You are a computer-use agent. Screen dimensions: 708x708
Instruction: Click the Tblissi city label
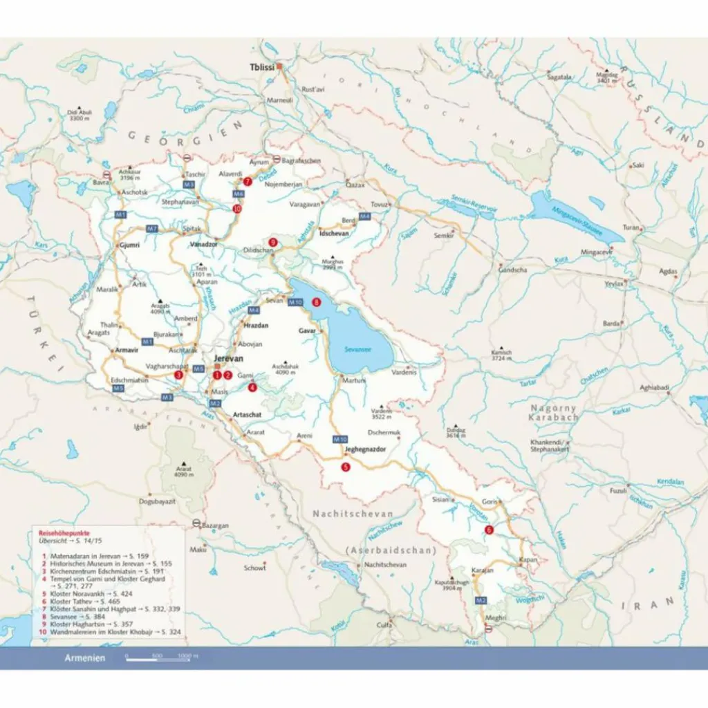[x=262, y=67]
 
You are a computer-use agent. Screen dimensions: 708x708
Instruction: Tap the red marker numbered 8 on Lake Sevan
[x=317, y=301]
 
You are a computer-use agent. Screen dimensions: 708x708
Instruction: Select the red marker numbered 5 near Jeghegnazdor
[x=346, y=467]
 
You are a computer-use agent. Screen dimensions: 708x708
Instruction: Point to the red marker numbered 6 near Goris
[x=489, y=530]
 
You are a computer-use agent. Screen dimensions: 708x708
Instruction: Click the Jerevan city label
[x=229, y=360]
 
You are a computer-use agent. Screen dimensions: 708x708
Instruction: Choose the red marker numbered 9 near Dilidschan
[x=272, y=242]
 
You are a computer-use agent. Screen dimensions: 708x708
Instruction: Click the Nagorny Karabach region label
[x=553, y=413]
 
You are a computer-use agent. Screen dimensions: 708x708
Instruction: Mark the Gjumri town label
[x=129, y=245]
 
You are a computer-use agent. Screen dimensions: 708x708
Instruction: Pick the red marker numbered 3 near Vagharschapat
[x=178, y=375]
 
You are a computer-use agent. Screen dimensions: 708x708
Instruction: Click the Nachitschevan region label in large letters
[x=353, y=514]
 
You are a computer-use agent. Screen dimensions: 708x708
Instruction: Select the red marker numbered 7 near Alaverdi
[x=247, y=182]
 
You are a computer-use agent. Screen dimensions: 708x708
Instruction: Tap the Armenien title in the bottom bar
[x=85, y=658]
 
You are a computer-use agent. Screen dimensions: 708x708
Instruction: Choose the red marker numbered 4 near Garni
[x=252, y=387]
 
